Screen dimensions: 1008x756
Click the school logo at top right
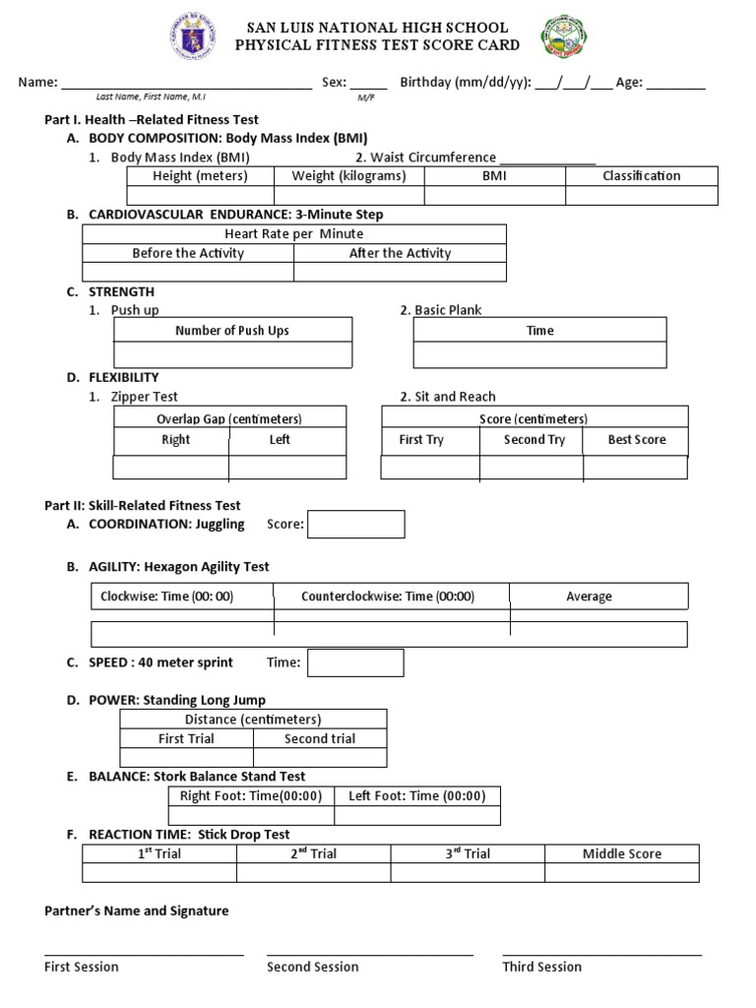point(562,38)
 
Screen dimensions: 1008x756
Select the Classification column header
point(641,176)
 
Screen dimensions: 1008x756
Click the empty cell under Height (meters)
point(200,195)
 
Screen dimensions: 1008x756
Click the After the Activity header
point(400,253)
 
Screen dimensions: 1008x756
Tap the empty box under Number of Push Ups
point(232,354)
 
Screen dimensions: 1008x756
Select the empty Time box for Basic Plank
point(539,354)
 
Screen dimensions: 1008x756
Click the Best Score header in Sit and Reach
point(637,440)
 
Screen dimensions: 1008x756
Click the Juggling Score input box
point(356,525)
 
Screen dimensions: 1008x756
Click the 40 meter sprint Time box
point(355,662)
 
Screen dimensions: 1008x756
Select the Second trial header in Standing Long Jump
point(320,738)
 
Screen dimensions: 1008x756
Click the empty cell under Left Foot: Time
point(417,816)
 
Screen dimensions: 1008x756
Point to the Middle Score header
point(622,853)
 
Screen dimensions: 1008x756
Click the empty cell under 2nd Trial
point(313,873)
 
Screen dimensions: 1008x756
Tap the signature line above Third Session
point(601,953)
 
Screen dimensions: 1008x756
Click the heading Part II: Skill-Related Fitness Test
point(143,506)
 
